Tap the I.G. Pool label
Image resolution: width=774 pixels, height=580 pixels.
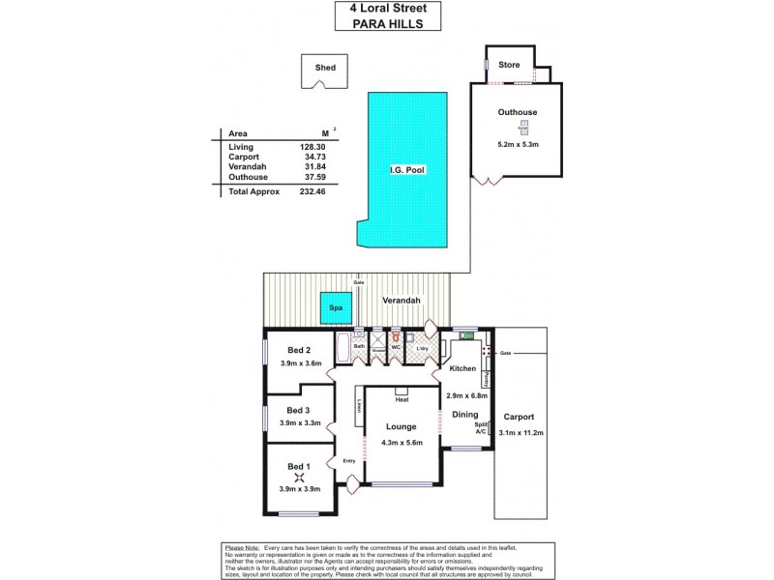pyautogui.click(x=407, y=170)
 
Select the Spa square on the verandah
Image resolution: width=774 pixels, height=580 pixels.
pyautogui.click(x=337, y=308)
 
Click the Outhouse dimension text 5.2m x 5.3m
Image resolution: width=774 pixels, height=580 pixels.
pyautogui.click(x=518, y=145)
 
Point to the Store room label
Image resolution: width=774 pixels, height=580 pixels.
pyautogui.click(x=509, y=65)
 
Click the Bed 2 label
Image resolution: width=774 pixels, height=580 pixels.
pyautogui.click(x=299, y=350)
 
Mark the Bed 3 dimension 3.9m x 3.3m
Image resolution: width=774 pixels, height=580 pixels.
pyautogui.click(x=299, y=422)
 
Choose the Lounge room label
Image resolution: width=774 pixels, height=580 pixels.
pyautogui.click(x=400, y=426)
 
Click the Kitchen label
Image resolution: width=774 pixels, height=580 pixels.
pyautogui.click(x=462, y=369)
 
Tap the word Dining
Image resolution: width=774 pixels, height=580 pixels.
pyautogui.click(x=465, y=415)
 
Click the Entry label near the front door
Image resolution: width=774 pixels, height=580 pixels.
pyautogui.click(x=349, y=460)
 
